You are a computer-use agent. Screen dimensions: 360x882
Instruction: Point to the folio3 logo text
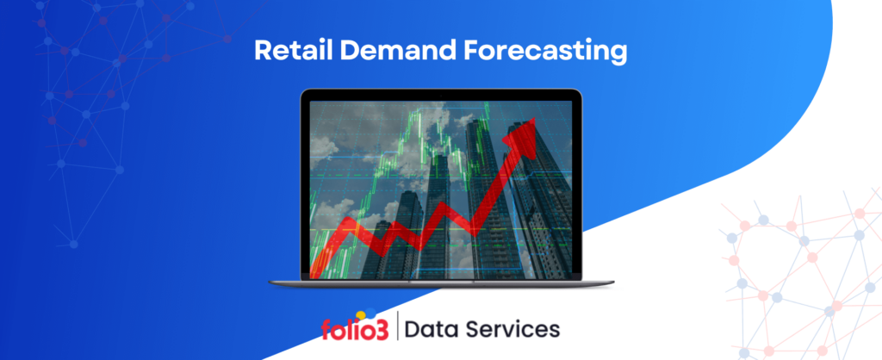point(355,330)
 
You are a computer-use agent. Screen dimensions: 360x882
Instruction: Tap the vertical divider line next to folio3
point(398,329)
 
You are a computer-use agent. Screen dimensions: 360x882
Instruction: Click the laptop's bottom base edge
point(441,283)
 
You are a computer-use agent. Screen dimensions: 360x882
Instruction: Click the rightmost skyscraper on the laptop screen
point(539,198)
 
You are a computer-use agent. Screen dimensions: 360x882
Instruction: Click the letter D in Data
point(413,329)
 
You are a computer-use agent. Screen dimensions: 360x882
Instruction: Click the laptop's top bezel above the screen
point(441,95)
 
